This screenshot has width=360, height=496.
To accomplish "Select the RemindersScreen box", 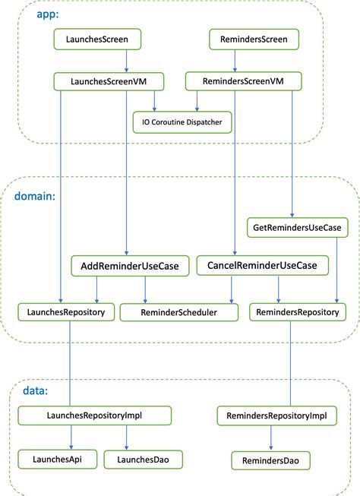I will [x=254, y=37].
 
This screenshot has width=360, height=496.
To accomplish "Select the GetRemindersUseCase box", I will [x=298, y=226].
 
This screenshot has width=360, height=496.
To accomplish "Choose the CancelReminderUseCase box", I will [x=262, y=265].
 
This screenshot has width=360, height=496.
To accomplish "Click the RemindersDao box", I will [x=271, y=460].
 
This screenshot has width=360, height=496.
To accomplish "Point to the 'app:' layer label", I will [x=48, y=15].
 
